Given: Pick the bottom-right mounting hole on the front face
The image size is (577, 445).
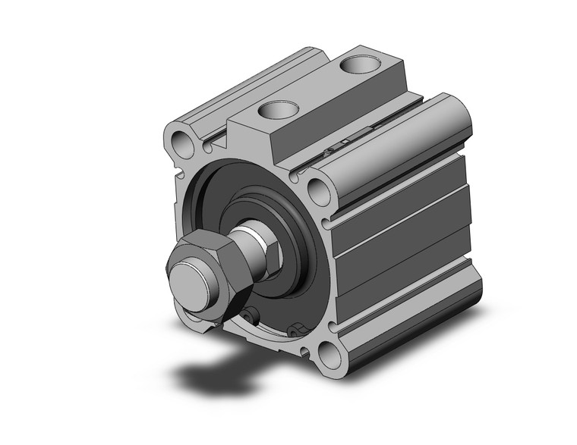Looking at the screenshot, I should [329, 353].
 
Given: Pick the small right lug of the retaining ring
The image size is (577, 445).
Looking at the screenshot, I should [297, 328].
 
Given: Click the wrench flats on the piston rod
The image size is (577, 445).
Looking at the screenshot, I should [270, 250].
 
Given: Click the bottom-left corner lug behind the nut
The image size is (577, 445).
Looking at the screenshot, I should [199, 318].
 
